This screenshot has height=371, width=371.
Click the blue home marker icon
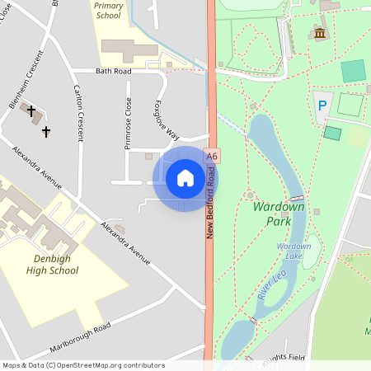(x=185, y=178)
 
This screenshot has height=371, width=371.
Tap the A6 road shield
(x=213, y=156)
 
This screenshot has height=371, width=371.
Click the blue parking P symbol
(x=322, y=106)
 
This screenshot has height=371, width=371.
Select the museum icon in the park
(x=319, y=33)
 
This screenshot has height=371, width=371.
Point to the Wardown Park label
(x=279, y=214)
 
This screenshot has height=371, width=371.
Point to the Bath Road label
(x=113, y=72)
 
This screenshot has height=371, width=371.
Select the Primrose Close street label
(x=128, y=124)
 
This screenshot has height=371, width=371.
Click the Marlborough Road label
(x=80, y=338)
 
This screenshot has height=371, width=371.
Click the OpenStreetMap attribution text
(x=83, y=365)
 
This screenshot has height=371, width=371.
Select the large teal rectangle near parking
(x=353, y=71)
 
